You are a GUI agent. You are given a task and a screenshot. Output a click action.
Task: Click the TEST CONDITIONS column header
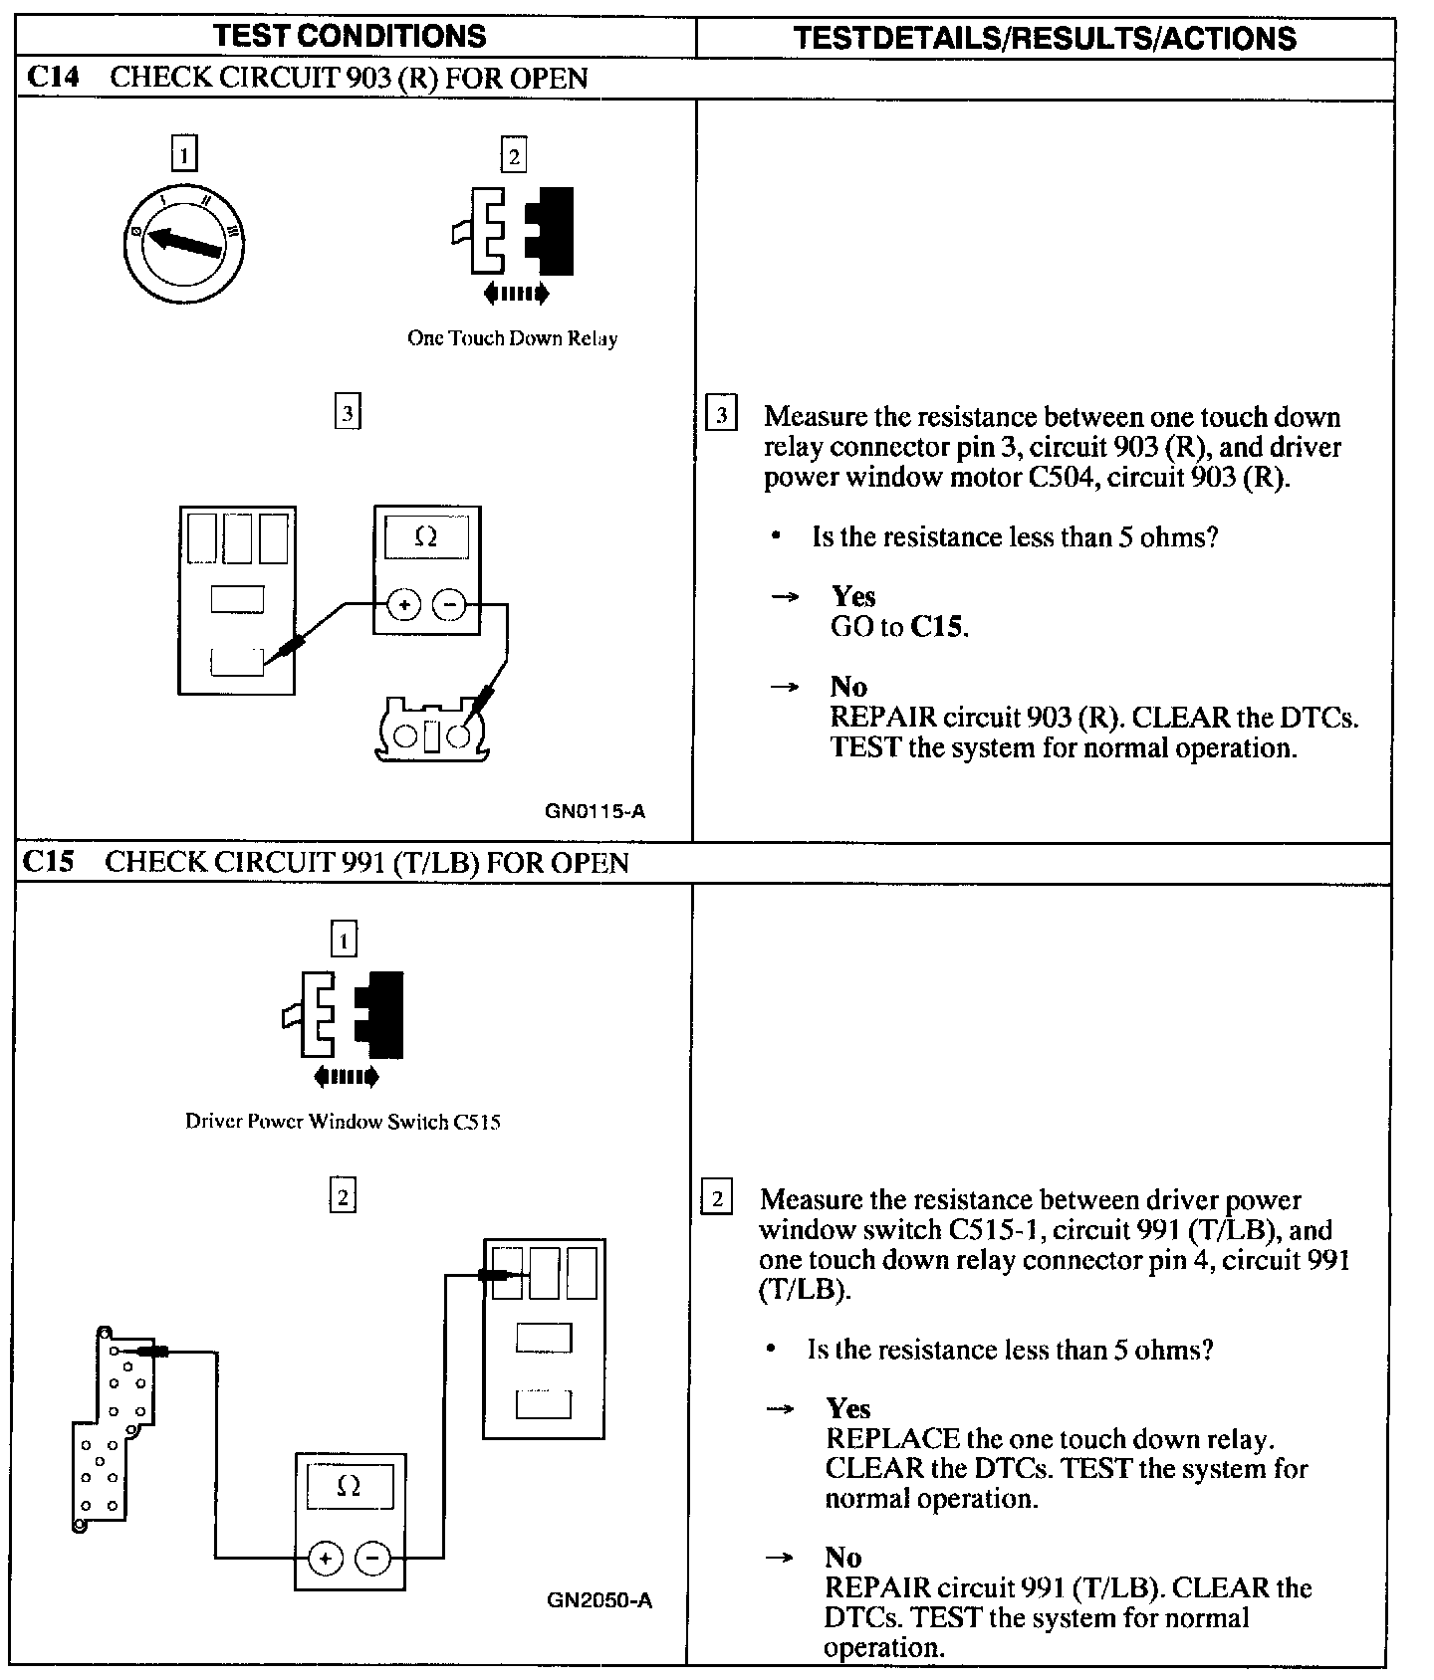click(x=350, y=37)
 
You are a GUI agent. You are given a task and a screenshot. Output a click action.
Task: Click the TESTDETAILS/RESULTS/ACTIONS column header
click(x=1045, y=39)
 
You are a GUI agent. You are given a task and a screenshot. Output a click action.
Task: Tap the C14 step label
click(x=53, y=78)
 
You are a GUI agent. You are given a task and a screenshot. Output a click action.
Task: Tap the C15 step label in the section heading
click(x=49, y=861)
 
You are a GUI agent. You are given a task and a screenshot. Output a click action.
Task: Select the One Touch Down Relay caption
click(x=512, y=338)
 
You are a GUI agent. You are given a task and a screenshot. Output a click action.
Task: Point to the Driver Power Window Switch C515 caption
click(x=343, y=1122)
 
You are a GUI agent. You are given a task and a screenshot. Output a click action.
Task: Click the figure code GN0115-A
click(x=595, y=811)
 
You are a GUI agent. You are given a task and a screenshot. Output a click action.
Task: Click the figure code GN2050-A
click(x=599, y=1600)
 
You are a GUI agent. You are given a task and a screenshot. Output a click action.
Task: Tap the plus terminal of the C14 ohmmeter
click(x=404, y=604)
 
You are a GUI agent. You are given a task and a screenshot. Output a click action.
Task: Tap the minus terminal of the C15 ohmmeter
click(x=372, y=1559)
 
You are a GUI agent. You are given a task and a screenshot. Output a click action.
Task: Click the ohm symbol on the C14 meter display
click(x=425, y=537)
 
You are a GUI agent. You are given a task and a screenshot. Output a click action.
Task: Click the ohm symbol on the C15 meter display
click(x=349, y=1487)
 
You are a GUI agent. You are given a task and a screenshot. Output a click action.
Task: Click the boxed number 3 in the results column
click(x=721, y=414)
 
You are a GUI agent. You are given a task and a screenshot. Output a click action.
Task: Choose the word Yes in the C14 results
click(x=853, y=596)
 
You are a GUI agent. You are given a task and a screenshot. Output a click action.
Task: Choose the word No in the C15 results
click(x=842, y=1558)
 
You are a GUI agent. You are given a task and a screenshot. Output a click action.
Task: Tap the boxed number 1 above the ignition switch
click(x=184, y=154)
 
